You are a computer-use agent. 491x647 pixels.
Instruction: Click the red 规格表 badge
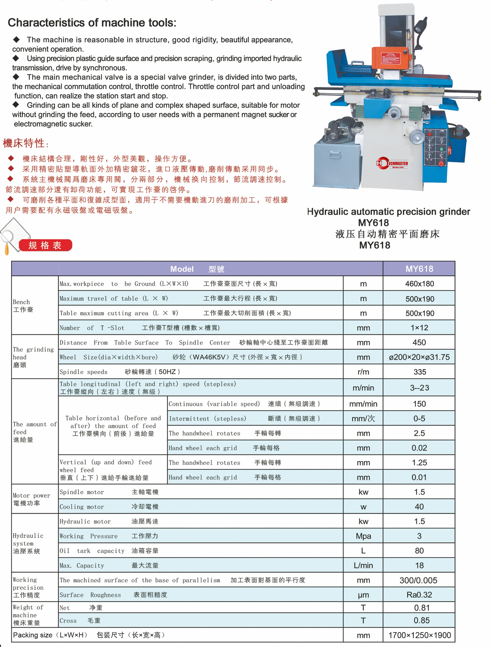point(45,245)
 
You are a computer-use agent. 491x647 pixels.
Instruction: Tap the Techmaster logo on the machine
point(392,163)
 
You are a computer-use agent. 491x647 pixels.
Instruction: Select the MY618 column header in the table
point(419,269)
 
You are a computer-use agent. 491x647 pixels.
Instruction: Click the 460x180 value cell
point(419,284)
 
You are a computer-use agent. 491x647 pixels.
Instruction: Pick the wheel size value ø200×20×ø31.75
point(419,357)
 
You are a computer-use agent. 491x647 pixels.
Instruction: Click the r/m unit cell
point(363,372)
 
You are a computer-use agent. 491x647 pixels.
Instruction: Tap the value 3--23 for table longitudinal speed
point(419,388)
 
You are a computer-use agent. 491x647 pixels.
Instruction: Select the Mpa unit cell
point(363,536)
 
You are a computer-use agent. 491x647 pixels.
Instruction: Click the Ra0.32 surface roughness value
point(419,595)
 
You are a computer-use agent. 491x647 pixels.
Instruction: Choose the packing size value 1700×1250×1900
point(419,635)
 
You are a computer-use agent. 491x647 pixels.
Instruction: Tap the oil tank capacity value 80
point(419,551)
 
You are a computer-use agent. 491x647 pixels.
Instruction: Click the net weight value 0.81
point(421,608)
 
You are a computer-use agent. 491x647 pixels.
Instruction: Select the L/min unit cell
point(363,565)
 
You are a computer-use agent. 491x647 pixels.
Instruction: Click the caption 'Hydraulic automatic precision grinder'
point(388,211)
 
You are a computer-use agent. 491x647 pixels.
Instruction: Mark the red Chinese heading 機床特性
point(24,143)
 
